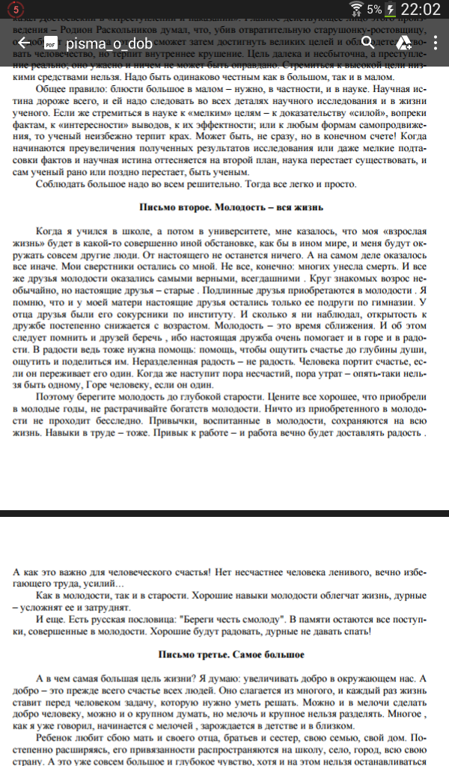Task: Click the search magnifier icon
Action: point(367,43)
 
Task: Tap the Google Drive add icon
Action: point(403,43)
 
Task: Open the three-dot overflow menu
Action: point(434,43)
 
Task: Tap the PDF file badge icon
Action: point(52,43)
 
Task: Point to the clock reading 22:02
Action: point(421,10)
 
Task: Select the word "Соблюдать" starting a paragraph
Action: point(60,183)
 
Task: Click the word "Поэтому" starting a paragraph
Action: point(57,393)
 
